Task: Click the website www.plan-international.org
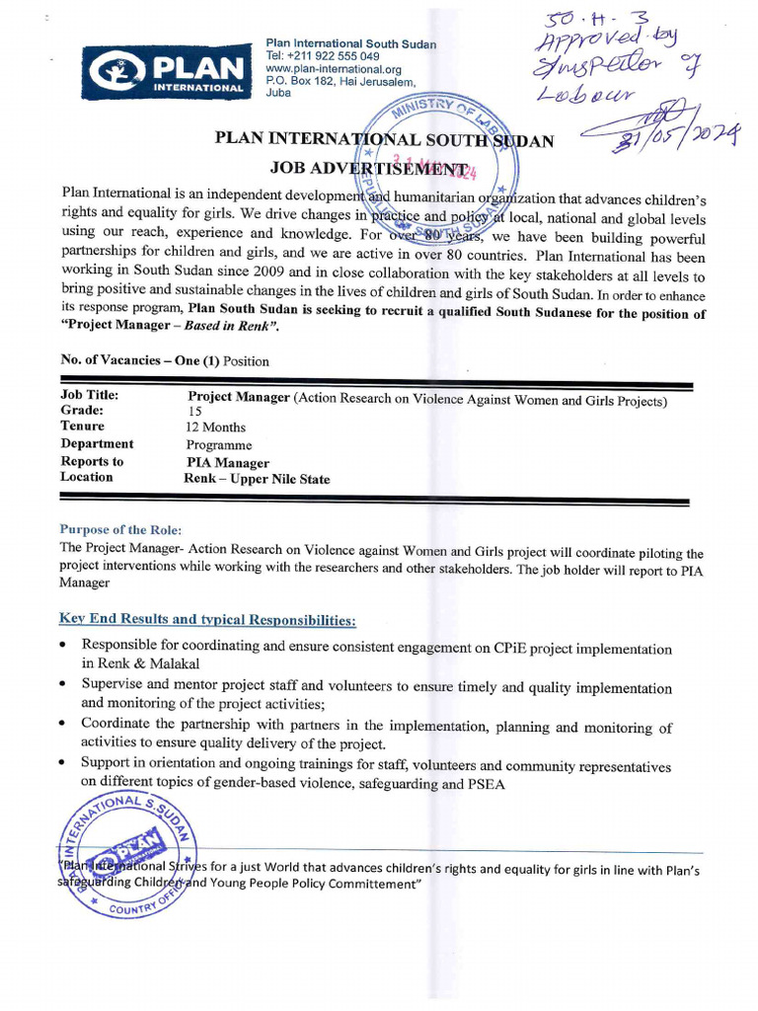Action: tap(334, 69)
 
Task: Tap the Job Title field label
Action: tap(90, 395)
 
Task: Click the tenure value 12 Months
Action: tap(216, 428)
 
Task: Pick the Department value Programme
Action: tap(218, 445)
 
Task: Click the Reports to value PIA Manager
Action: tap(227, 462)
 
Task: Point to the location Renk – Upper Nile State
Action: tap(257, 479)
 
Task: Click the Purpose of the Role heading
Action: tap(120, 530)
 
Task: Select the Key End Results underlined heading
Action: tap(207, 620)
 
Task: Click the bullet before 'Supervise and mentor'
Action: tap(63, 683)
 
